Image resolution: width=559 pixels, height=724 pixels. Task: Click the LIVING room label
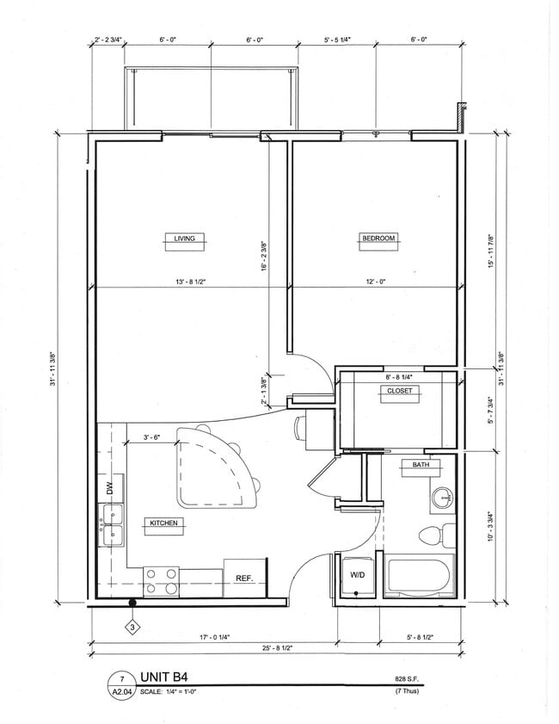(184, 238)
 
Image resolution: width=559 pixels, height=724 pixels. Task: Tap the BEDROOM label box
(378, 238)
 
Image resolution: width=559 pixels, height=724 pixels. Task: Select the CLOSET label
(398, 391)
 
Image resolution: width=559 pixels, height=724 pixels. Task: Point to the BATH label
(421, 465)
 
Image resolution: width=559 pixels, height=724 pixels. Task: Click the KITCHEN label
(163, 523)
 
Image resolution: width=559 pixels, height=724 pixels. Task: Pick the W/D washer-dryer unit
(355, 574)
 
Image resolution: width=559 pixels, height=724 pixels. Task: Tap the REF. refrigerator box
(243, 579)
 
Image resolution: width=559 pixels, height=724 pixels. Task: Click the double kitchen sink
(112, 526)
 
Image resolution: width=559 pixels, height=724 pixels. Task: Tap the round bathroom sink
(443, 497)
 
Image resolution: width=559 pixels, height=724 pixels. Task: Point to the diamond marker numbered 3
(132, 627)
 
